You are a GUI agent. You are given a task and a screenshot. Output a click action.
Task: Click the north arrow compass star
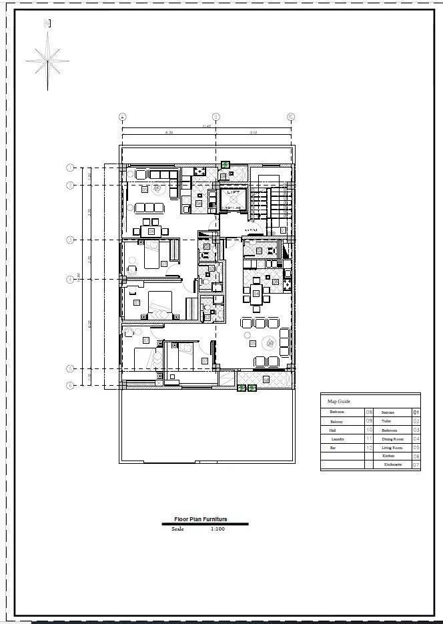tap(47, 60)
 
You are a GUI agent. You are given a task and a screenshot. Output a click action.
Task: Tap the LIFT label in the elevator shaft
tap(233, 192)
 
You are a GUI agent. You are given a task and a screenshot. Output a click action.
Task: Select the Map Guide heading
tap(339, 401)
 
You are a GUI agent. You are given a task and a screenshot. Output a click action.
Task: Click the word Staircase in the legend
tap(388, 413)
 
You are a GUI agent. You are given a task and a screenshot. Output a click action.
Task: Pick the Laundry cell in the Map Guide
tap(338, 439)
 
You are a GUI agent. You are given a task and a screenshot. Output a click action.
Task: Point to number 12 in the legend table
tap(369, 448)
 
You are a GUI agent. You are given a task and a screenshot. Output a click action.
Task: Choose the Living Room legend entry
tap(392, 448)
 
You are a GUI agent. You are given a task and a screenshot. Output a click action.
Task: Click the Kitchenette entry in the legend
tap(392, 464)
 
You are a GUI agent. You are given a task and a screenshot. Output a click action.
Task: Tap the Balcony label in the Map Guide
tap(336, 422)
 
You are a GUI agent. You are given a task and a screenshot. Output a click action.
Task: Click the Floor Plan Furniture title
tap(200, 519)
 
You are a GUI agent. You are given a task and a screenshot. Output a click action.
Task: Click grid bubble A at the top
tap(122, 117)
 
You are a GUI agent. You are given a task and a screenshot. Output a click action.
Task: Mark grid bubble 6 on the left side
tap(69, 385)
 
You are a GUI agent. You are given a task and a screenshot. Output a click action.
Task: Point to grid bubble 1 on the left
tap(69, 168)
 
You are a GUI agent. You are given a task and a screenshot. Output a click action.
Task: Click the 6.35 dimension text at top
tap(169, 133)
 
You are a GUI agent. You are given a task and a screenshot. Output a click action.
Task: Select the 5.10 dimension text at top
tap(253, 133)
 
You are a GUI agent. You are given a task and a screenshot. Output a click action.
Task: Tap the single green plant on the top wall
tap(226, 164)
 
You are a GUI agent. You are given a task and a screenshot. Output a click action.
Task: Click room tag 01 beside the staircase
tap(283, 230)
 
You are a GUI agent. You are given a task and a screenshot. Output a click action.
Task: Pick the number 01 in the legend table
tap(416, 413)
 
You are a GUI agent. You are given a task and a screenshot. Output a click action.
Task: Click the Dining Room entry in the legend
tap(392, 439)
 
